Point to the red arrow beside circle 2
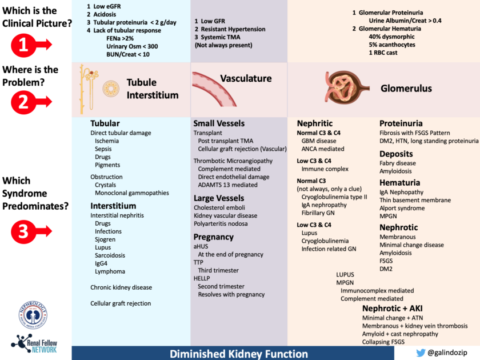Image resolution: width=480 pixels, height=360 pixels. (x=41, y=101)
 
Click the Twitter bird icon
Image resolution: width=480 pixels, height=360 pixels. (x=421, y=353)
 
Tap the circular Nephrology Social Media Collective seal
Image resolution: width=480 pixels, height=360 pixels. (x=33, y=314)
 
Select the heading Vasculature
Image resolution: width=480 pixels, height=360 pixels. (x=246, y=78)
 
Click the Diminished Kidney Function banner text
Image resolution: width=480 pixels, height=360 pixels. (x=233, y=354)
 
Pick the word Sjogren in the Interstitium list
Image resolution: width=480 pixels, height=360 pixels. (x=106, y=239)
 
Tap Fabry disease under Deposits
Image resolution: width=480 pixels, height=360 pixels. (x=398, y=163)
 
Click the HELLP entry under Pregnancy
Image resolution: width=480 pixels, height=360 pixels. (x=203, y=278)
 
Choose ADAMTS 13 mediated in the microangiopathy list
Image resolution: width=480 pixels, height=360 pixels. (x=227, y=185)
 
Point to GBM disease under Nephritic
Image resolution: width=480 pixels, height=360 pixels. (x=319, y=141)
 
